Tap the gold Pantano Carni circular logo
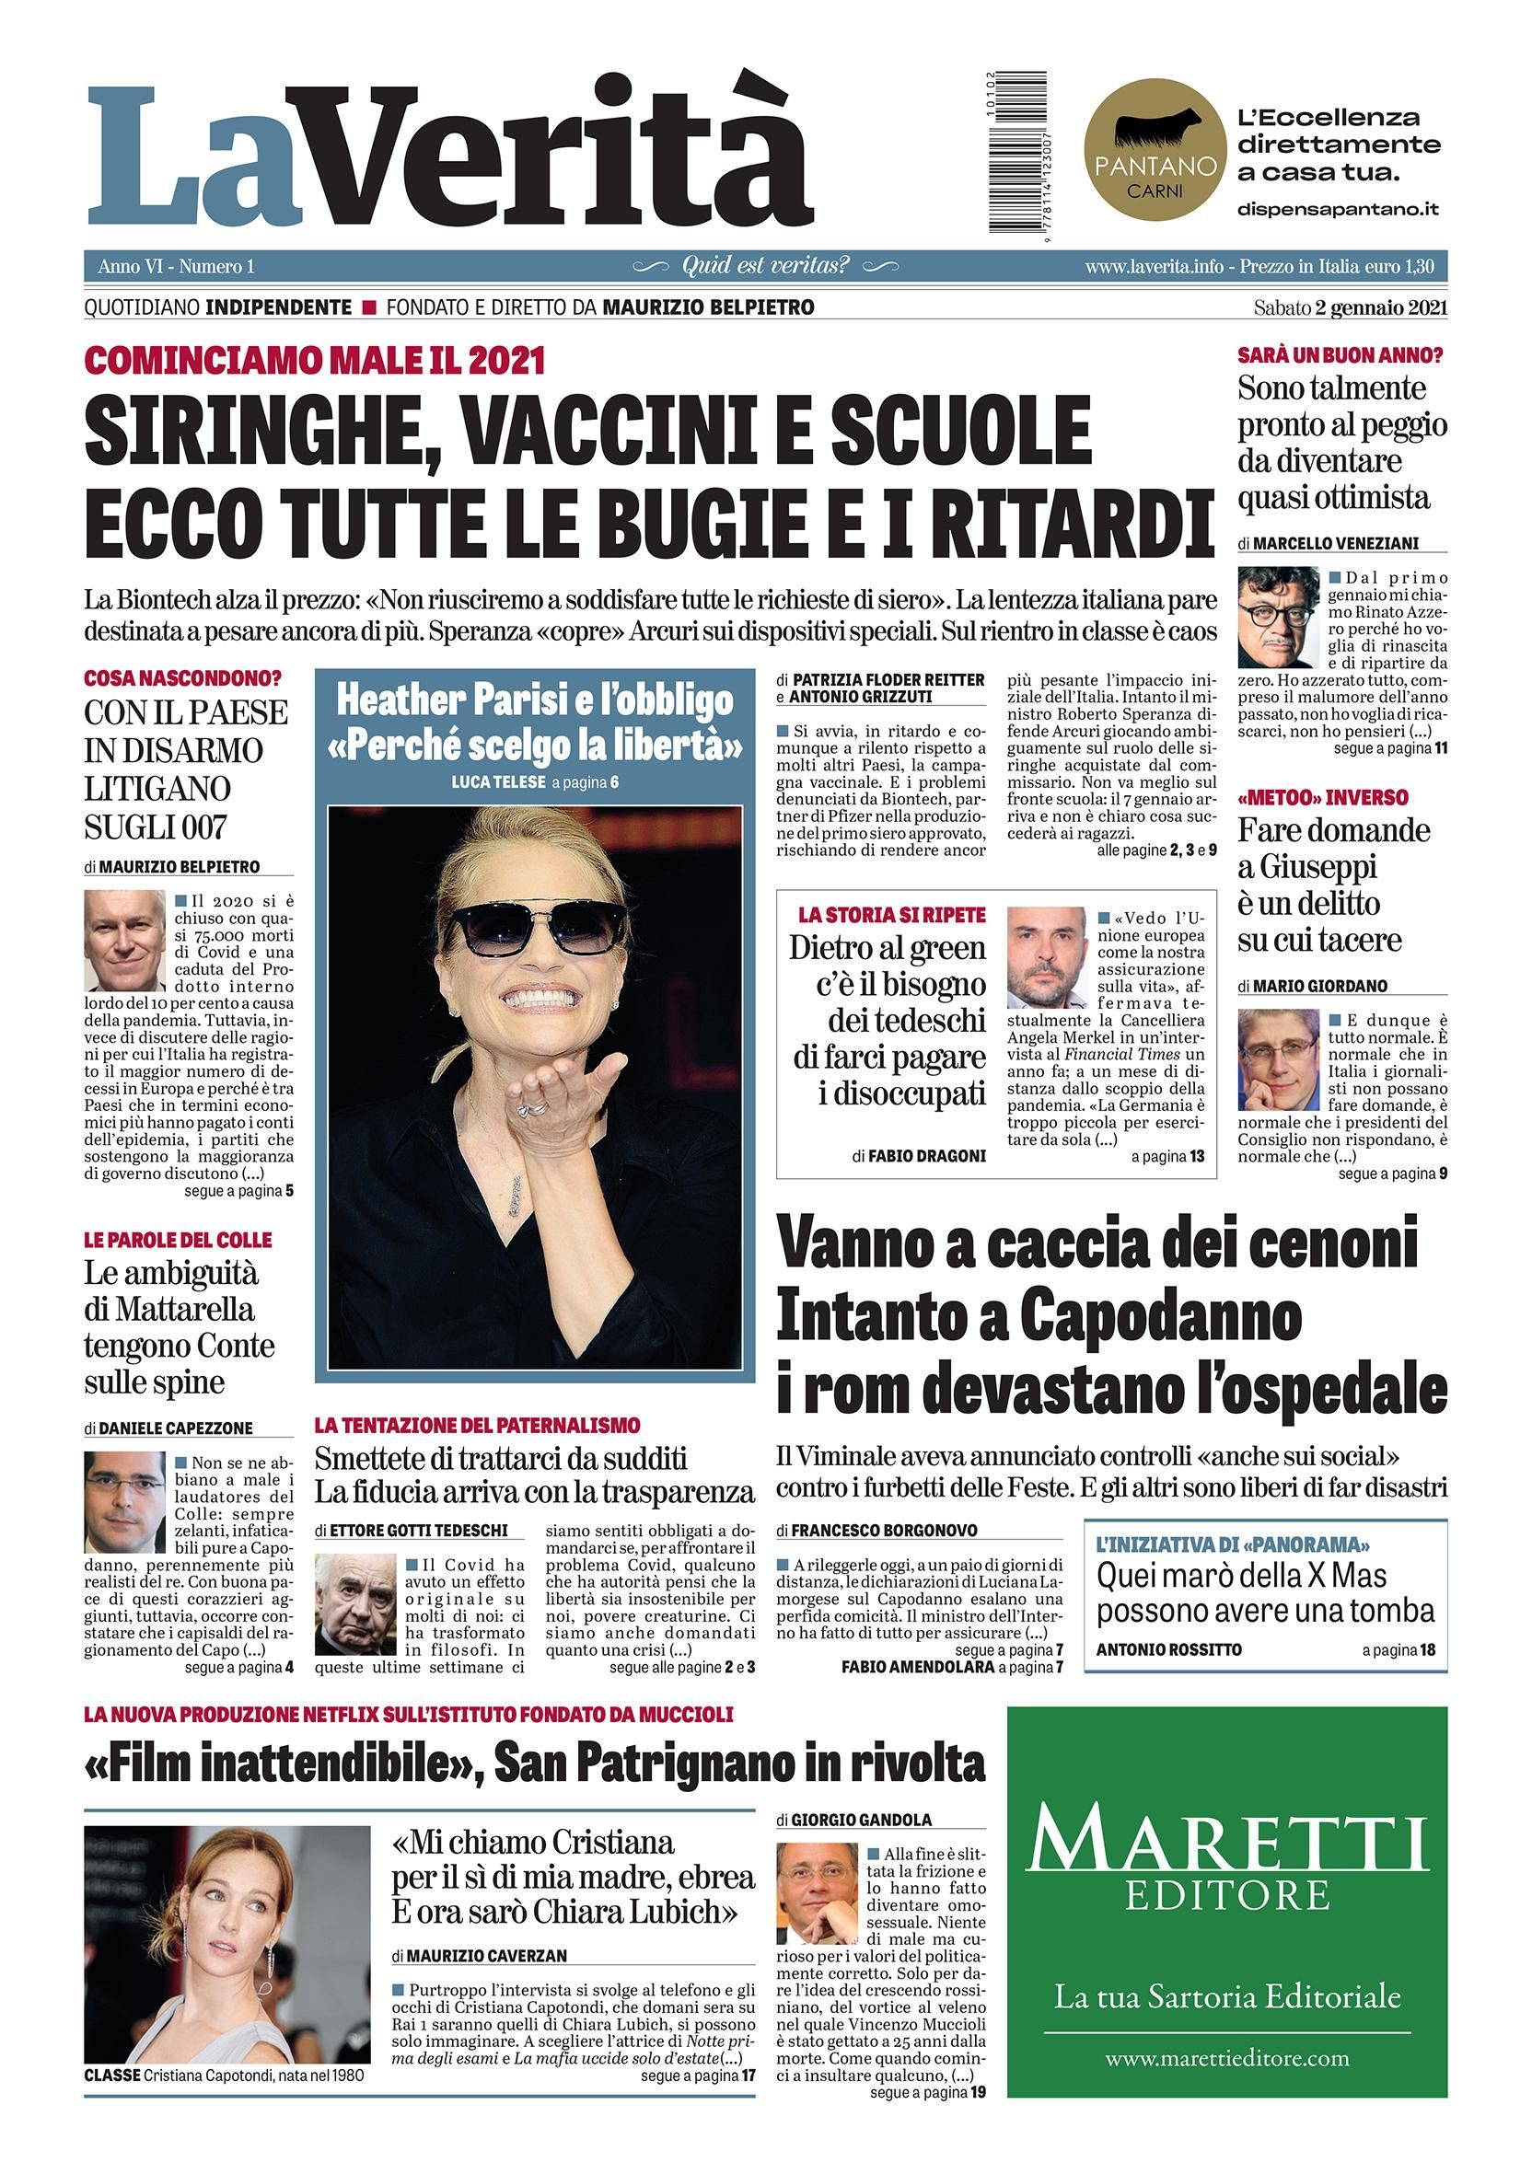pos(1155,156)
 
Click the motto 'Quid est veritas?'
pos(766,266)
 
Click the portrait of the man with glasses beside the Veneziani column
pos(1278,619)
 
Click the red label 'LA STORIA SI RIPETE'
pos(891,915)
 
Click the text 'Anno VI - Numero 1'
pos(176,267)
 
